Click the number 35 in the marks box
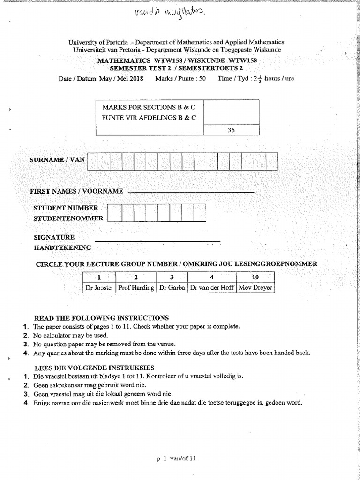coord(231,131)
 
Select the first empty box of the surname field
coord(93,162)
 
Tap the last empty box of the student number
coord(200,213)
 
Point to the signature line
coord(157,241)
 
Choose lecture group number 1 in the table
coord(99,277)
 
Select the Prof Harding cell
coord(136,288)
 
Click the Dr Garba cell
coord(172,288)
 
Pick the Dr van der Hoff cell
coord(212,288)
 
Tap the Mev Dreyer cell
coord(255,288)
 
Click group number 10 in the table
coord(255,277)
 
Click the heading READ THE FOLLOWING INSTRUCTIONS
coord(102,318)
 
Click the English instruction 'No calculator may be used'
coord(70,335)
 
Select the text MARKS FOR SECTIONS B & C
coord(149,107)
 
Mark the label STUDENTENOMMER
coord(68,218)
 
